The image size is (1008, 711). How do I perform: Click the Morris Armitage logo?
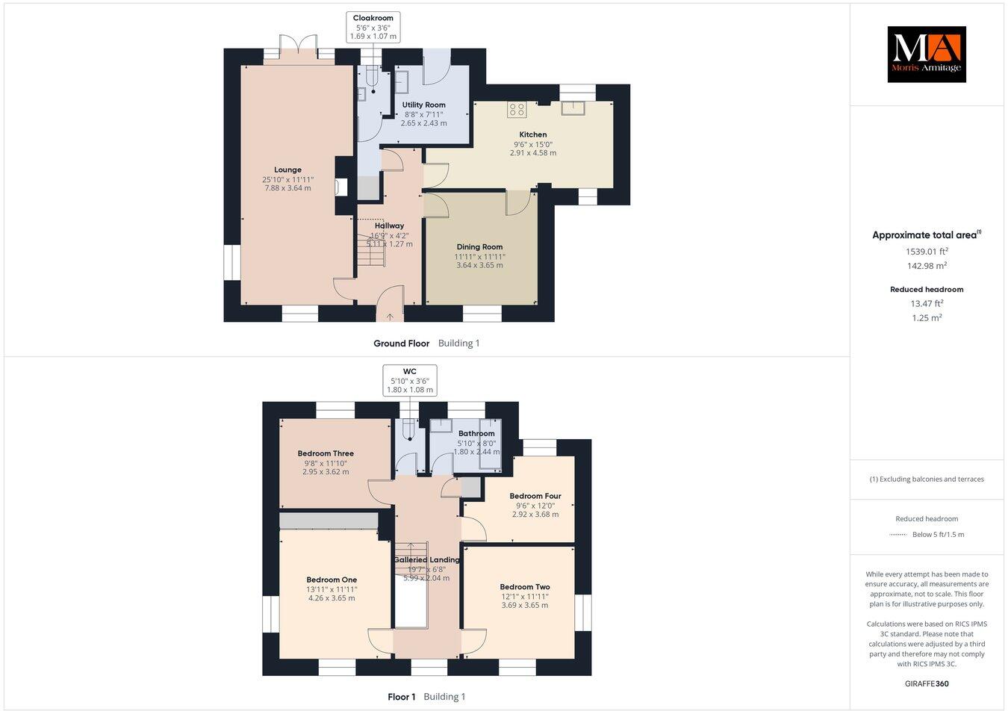click(926, 54)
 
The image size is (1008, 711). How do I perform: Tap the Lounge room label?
click(287, 170)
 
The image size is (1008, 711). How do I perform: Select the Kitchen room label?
click(533, 134)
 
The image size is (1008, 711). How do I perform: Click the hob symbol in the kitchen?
click(517, 110)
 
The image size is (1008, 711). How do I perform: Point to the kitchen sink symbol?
click(574, 108)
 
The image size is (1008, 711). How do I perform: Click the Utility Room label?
click(423, 105)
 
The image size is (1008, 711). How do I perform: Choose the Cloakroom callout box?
click(373, 27)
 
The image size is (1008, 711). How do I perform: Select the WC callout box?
click(409, 380)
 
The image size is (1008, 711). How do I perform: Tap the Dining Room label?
click(479, 246)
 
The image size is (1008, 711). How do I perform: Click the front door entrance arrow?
click(390, 317)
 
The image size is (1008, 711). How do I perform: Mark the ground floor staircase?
click(371, 257)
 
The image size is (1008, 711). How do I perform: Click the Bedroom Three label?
click(326, 453)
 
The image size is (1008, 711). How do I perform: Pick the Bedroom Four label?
click(535, 496)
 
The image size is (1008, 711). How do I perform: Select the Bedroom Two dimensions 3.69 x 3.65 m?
click(524, 605)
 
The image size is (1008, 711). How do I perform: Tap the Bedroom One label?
click(332, 580)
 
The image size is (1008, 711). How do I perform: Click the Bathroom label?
click(476, 433)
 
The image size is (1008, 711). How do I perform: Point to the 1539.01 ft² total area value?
click(926, 252)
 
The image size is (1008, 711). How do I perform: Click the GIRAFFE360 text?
click(926, 683)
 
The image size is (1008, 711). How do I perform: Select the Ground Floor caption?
click(402, 344)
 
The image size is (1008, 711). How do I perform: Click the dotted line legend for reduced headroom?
click(899, 535)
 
